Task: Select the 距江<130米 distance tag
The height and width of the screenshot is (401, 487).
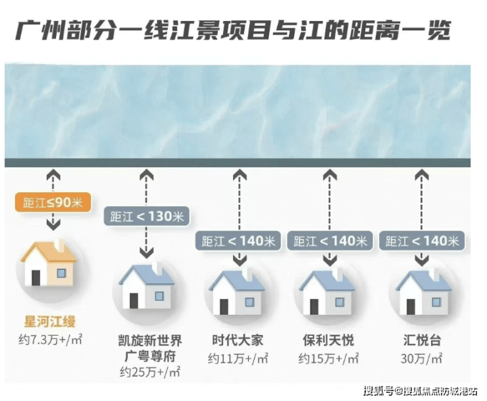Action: pyautogui.click(x=147, y=217)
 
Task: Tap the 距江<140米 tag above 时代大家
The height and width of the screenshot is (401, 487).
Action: pyautogui.click(x=238, y=240)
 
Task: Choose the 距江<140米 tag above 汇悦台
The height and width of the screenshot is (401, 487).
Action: pyautogui.click(x=422, y=240)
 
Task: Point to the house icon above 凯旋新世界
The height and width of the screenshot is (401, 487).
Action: pyautogui.click(x=147, y=286)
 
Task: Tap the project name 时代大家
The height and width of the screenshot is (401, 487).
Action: pyautogui.click(x=238, y=341)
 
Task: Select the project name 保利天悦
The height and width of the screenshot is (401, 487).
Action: pyautogui.click(x=328, y=341)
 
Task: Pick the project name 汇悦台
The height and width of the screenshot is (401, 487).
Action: pyautogui.click(x=422, y=341)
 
